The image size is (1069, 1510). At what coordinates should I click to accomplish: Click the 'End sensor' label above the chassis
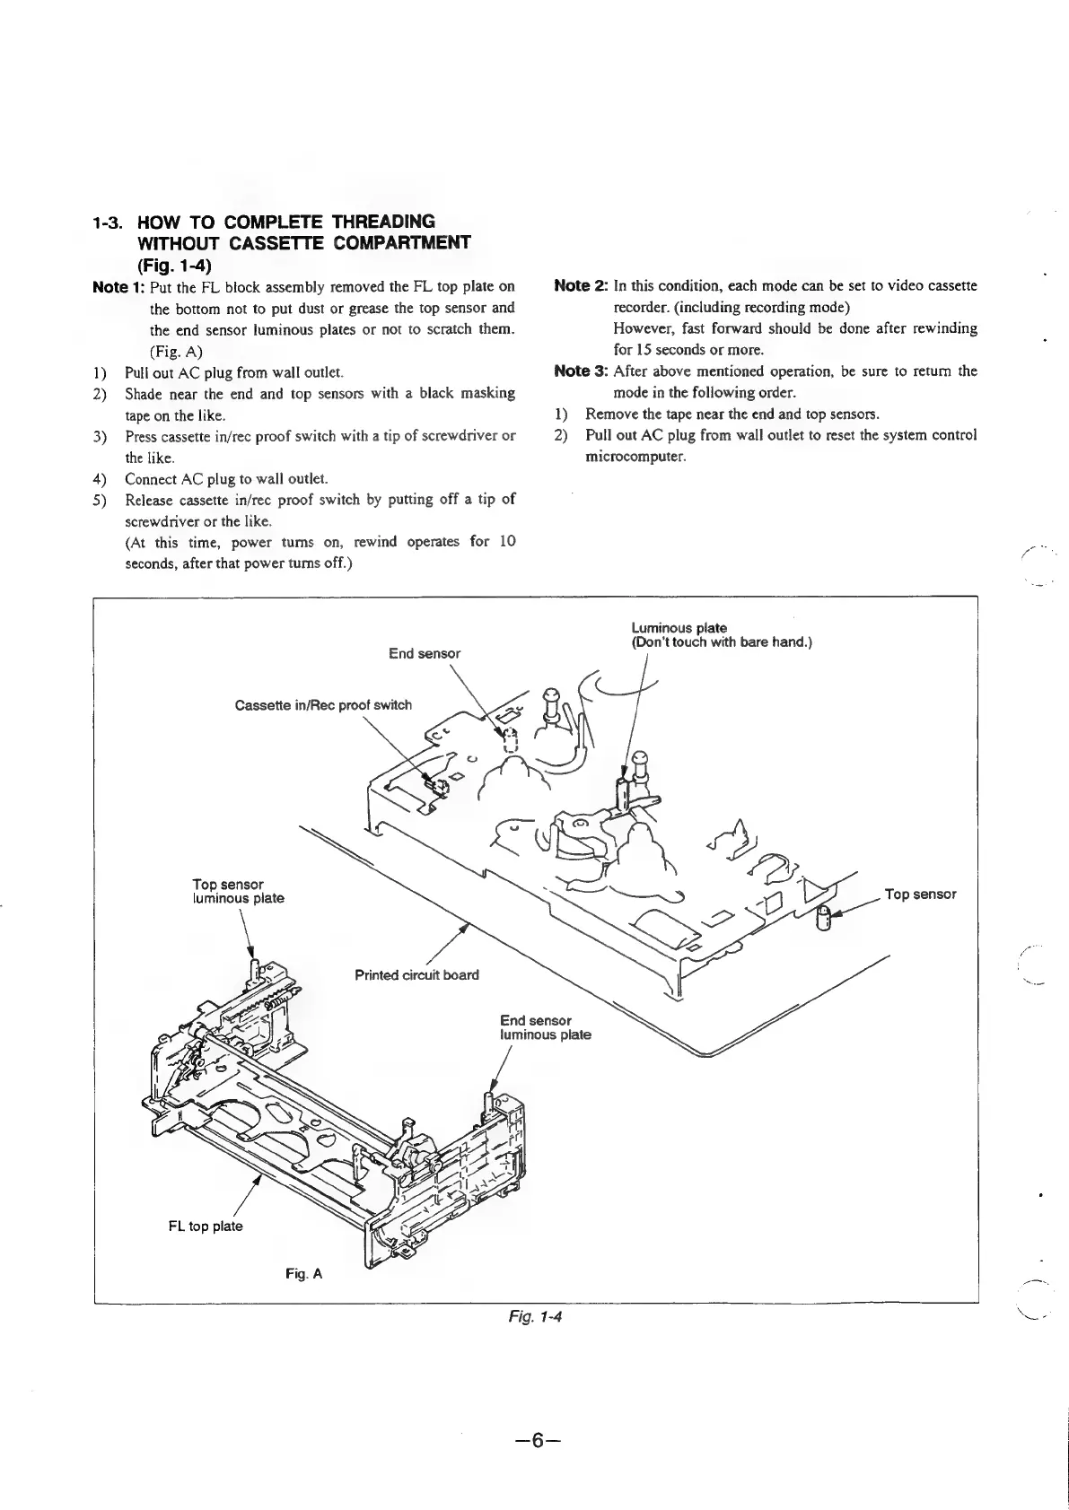coord(425,653)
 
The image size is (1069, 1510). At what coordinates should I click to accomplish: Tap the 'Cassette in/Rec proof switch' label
coord(323,704)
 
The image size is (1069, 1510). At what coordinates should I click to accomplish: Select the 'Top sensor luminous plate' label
coord(238,891)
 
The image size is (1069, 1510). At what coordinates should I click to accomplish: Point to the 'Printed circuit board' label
coord(416,974)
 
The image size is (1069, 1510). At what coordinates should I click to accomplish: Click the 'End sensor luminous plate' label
coord(545,1027)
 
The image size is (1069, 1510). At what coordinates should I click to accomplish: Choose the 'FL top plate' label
coord(205,1226)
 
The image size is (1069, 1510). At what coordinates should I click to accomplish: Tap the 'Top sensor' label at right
coord(920,894)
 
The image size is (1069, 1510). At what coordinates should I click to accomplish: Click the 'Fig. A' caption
coord(303,1273)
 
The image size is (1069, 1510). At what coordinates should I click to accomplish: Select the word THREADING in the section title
coord(383,222)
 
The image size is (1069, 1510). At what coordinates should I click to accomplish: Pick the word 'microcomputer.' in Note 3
coord(635,457)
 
